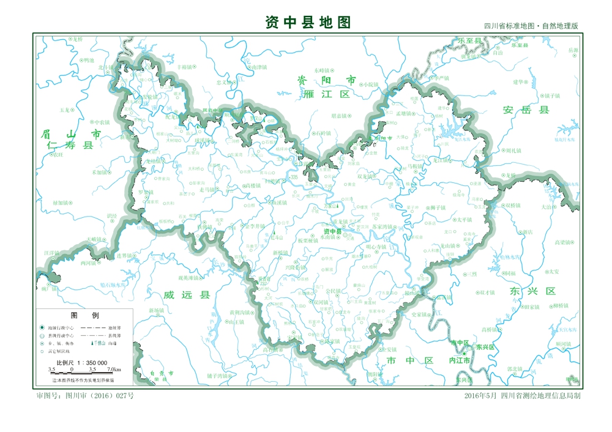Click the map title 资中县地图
308,23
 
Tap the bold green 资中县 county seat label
332,231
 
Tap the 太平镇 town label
465,219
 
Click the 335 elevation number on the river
294,177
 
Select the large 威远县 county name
187,295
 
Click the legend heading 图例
84,316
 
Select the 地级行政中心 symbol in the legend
42,328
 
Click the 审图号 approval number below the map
85,396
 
